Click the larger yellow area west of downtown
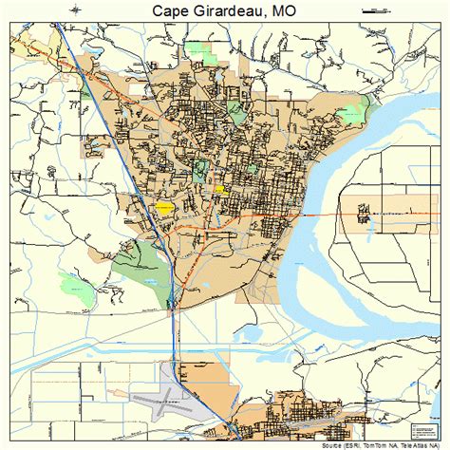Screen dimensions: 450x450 165,206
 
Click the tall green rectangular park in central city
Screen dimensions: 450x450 200,173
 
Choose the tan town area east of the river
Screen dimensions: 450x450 363,217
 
